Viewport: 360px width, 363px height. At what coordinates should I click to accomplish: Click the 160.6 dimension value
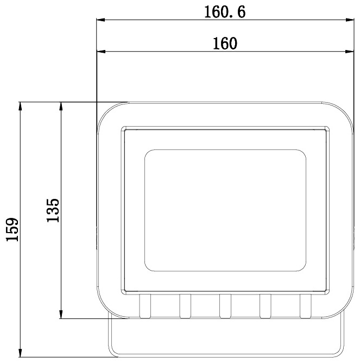coord(225,12)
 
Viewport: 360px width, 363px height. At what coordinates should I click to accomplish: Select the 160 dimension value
coord(225,43)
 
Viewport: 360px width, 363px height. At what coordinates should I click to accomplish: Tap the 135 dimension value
coord(53,210)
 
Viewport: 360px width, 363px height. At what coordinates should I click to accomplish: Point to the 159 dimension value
coord(12,229)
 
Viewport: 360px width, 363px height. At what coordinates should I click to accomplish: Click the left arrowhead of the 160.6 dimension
coord(101,20)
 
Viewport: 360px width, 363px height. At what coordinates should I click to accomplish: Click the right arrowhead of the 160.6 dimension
coord(350,20)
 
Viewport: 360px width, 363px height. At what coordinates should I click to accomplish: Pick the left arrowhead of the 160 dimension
coord(101,52)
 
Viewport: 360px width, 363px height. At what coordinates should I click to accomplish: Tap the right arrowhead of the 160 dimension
coord(350,52)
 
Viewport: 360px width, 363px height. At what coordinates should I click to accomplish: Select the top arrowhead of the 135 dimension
coord(61,107)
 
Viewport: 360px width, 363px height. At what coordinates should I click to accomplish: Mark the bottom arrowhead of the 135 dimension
coord(61,314)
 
